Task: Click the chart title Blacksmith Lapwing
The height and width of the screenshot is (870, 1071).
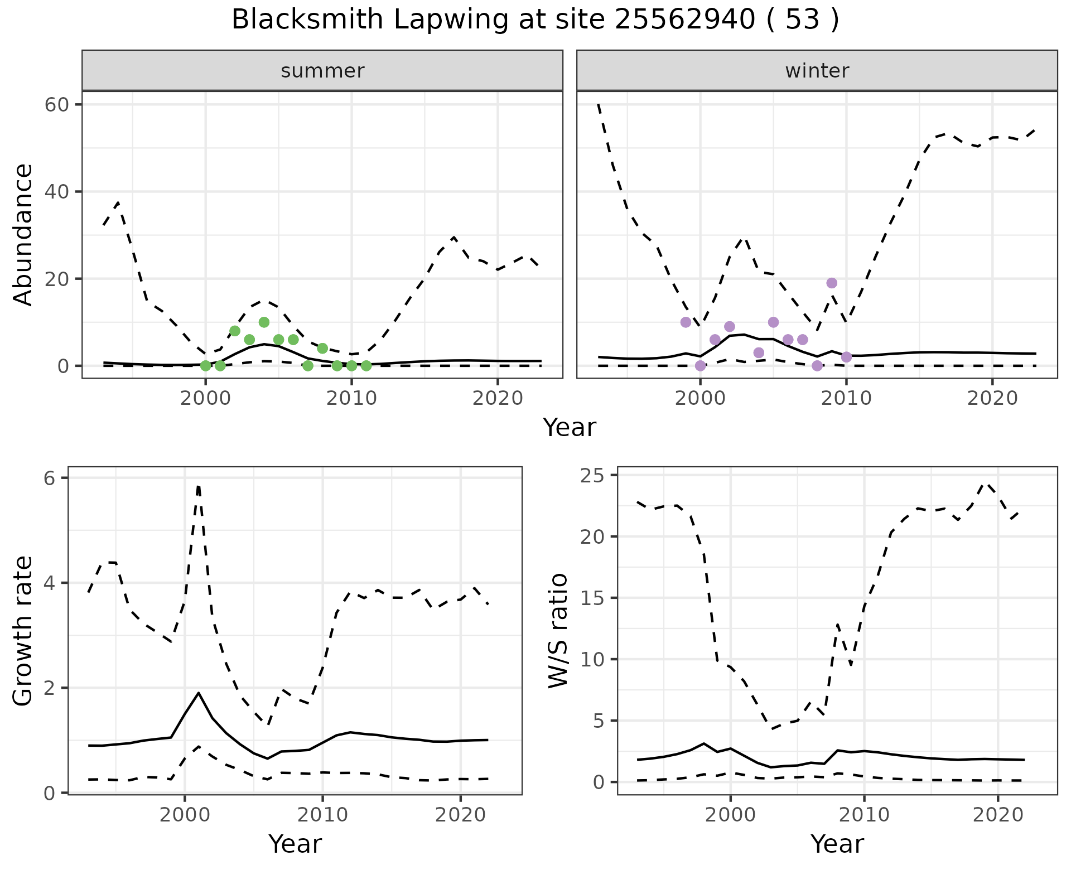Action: (x=535, y=20)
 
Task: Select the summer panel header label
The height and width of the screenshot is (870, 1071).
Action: (x=322, y=71)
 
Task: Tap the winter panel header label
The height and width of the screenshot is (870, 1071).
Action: (x=817, y=71)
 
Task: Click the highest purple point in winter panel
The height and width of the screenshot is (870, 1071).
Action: (x=832, y=283)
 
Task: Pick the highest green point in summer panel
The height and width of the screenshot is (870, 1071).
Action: (x=264, y=322)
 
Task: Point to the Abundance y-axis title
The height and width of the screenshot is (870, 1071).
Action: (x=23, y=234)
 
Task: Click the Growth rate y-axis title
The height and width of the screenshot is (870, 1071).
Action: (x=23, y=631)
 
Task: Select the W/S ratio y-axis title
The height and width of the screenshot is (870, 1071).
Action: (x=558, y=630)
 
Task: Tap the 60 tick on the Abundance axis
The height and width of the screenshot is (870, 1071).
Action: (x=55, y=105)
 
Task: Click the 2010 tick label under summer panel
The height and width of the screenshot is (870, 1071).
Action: (x=351, y=398)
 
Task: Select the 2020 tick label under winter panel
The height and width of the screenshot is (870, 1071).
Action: (x=992, y=398)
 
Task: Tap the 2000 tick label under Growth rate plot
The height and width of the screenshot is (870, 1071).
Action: (x=185, y=814)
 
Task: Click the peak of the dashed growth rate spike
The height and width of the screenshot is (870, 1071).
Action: (x=198, y=486)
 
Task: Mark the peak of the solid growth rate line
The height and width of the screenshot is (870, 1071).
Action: (x=199, y=693)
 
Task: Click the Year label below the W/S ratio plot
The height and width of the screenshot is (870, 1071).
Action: (x=837, y=844)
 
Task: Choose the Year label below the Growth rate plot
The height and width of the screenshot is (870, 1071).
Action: (x=295, y=844)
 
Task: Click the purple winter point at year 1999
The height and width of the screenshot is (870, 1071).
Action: (x=686, y=322)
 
